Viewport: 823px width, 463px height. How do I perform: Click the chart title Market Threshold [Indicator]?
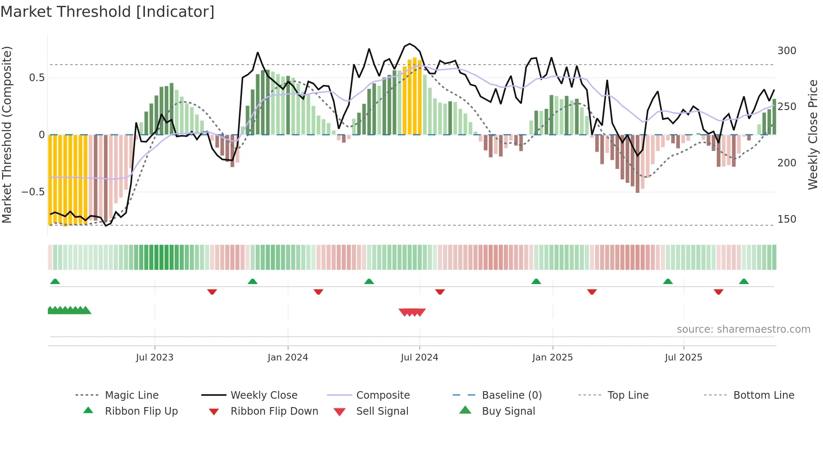coord(107,12)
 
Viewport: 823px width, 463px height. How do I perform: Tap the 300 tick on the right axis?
coord(786,51)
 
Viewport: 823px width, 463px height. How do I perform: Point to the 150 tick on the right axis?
coord(786,219)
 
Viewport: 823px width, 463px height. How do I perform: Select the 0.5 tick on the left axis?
coord(37,78)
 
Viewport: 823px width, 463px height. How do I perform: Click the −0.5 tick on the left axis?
coord(33,192)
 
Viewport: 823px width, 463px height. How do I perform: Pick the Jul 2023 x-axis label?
coord(155,358)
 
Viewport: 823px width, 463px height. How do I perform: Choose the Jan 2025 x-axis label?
coord(552,358)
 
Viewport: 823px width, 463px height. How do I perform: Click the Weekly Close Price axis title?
coord(813,134)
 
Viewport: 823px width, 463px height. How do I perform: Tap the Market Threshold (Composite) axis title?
coord(7,134)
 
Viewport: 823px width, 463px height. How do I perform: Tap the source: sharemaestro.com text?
coord(743,329)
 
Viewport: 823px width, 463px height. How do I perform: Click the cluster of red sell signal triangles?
coord(412,312)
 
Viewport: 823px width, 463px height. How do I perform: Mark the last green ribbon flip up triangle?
coord(744,281)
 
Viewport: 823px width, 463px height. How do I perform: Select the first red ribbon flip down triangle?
coord(212,292)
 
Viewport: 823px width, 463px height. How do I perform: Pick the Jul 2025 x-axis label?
coord(683,358)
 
